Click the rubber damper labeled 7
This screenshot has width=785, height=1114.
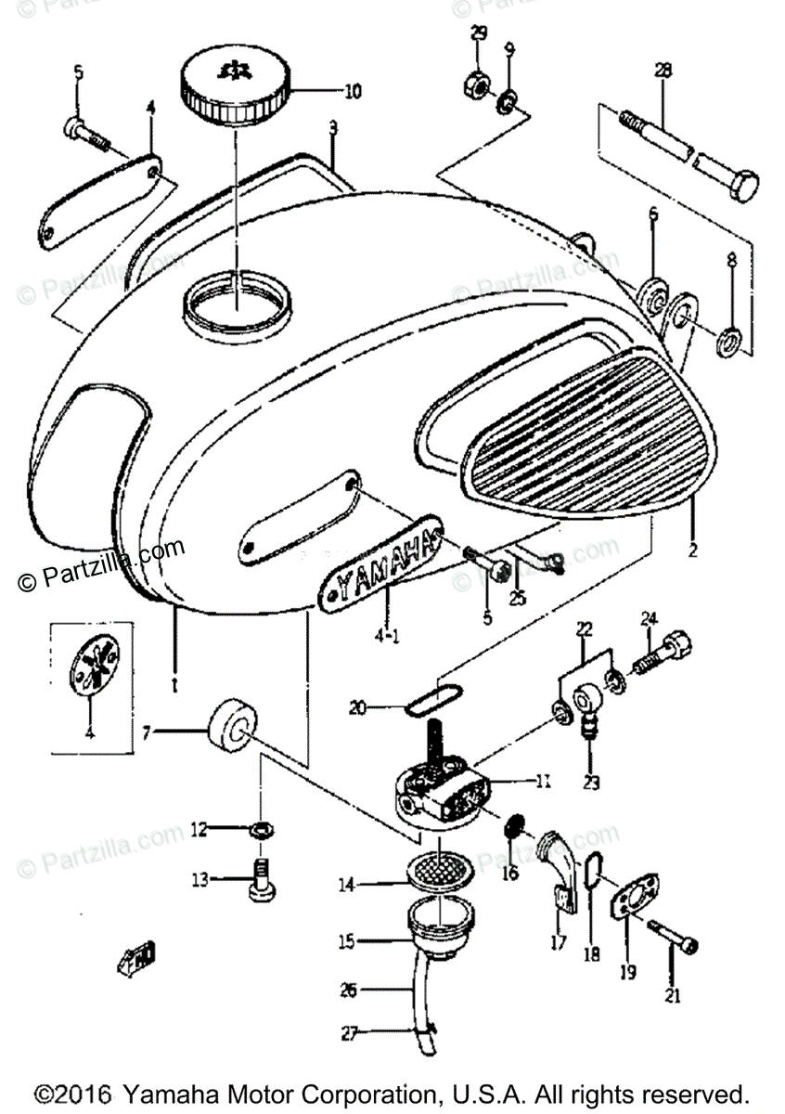click(232, 728)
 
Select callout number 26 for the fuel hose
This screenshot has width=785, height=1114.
click(347, 991)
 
